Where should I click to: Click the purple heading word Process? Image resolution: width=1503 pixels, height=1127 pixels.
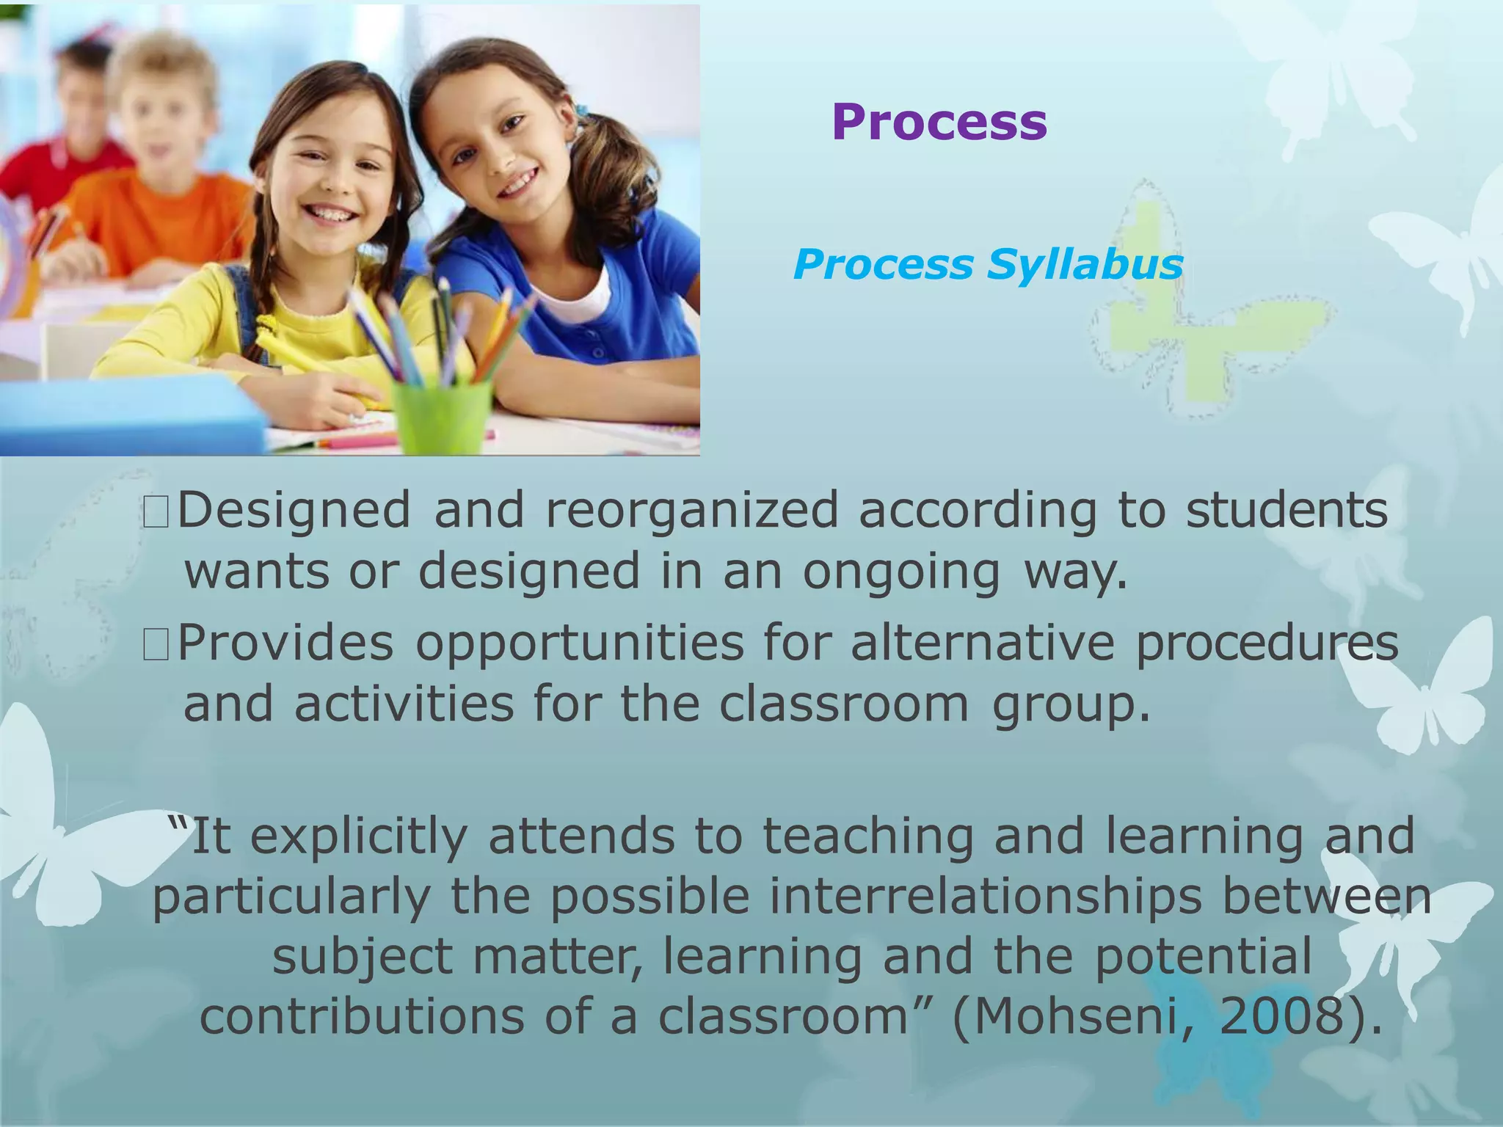coord(939,122)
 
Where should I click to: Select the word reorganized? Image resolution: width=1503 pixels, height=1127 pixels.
coord(691,511)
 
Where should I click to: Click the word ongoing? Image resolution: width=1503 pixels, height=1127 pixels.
coord(901,573)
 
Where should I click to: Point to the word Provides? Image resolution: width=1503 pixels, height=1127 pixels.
coord(286,643)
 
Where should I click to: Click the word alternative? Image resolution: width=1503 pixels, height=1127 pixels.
coord(983,643)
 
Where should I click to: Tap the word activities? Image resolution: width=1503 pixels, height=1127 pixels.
coord(404,704)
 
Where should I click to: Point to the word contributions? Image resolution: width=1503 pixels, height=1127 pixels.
coord(363,1017)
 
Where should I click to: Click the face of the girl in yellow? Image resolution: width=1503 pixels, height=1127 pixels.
coord(330,176)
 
